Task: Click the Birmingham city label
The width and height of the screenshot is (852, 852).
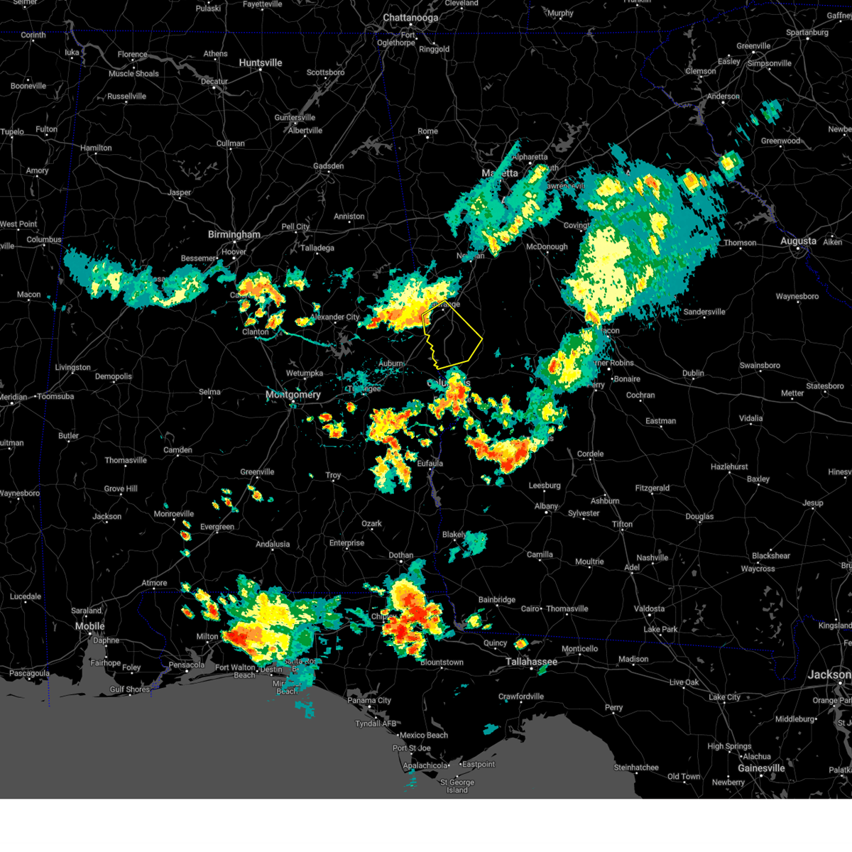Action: (x=234, y=234)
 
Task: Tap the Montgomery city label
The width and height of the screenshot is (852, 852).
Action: (x=293, y=395)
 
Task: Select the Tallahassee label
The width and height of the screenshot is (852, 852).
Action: (x=531, y=662)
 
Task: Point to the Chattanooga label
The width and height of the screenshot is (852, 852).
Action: (x=410, y=18)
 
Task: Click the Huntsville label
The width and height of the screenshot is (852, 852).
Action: (x=261, y=63)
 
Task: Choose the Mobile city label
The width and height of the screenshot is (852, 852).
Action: (x=90, y=626)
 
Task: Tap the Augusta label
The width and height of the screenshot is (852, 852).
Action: (x=798, y=241)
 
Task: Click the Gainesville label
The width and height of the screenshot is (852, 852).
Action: (x=761, y=768)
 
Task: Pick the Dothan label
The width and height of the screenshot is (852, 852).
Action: (x=401, y=555)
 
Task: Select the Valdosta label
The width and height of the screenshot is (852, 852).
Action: (x=649, y=608)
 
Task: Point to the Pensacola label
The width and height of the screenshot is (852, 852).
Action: (x=186, y=665)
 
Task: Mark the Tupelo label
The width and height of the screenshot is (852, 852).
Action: (x=12, y=132)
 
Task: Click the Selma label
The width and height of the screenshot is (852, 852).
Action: (x=209, y=392)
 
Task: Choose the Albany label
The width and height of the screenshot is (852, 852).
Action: (x=546, y=506)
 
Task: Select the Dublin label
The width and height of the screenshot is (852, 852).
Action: (x=693, y=373)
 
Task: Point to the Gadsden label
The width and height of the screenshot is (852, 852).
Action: (x=329, y=166)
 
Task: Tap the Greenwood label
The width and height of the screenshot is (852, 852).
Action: (x=780, y=141)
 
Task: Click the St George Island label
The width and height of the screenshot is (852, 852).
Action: (x=457, y=786)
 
